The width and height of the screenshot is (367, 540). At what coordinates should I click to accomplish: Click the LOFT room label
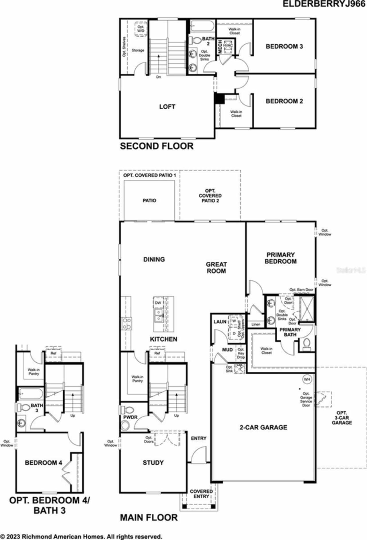pos(167,107)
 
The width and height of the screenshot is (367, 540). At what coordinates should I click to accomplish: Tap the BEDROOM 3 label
pos(284,46)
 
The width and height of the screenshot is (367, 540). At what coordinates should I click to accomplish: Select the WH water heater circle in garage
pos(307,379)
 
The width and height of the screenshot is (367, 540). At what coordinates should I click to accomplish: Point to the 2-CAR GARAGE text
pos(263,427)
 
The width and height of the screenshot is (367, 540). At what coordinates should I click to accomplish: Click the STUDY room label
pos(153,463)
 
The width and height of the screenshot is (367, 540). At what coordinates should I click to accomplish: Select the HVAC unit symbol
pos(228,46)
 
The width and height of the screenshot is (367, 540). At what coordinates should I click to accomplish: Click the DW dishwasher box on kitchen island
pos(158,303)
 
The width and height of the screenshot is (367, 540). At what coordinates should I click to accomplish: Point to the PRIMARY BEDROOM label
pos(280,258)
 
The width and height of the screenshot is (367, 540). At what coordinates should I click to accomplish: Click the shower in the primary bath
pos(307,309)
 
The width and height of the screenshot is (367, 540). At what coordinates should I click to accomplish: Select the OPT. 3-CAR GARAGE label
pos(342,418)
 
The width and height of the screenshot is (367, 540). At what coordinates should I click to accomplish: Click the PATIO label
pos(149,201)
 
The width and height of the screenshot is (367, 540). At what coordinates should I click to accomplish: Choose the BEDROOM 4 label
pos(43,463)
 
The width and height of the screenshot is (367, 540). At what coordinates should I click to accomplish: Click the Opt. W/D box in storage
pos(141,29)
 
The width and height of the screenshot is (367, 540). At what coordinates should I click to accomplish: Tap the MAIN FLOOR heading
pos(149,518)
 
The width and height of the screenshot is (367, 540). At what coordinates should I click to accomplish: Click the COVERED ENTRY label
pos(201,494)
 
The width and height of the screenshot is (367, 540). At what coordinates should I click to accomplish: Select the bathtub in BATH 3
pos(31,394)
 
